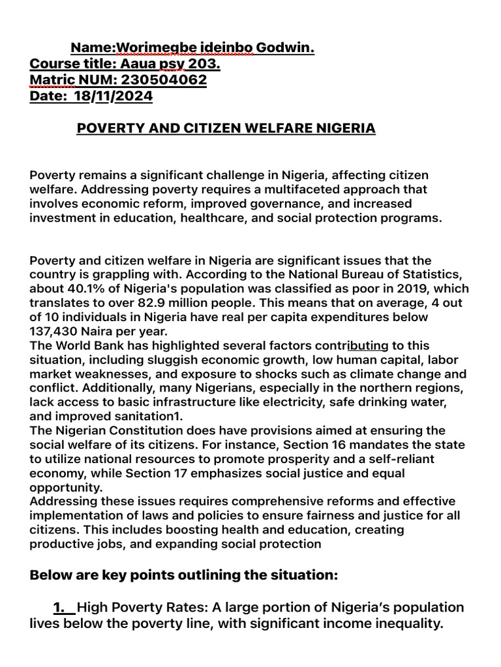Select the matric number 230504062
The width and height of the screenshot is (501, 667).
[x=165, y=80]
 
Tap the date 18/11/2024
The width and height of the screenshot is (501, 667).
[x=114, y=96]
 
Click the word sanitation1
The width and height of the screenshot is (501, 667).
[x=154, y=417]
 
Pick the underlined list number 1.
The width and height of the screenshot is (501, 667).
[x=63, y=608]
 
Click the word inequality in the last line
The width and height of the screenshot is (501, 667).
[x=405, y=624]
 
